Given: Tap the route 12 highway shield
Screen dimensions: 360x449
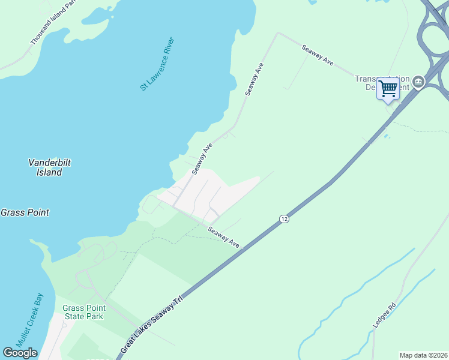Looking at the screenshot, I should click(284, 220).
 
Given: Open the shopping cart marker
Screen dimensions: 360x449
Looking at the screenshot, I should click(388, 89).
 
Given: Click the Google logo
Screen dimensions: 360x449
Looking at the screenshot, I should click(20, 353).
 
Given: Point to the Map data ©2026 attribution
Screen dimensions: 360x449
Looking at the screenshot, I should click(423, 355).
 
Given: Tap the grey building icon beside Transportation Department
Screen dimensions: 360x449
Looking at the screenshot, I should click(418, 83).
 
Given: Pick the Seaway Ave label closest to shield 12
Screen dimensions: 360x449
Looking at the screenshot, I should click(224, 237).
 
